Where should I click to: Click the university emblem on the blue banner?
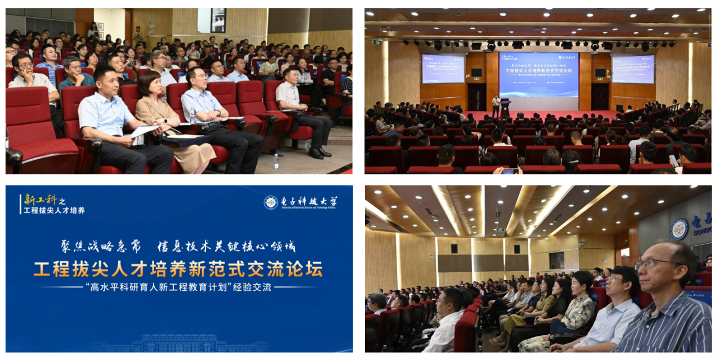pyautogui.click(x=271, y=202)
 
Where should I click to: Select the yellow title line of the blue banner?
pyautogui.click(x=178, y=269)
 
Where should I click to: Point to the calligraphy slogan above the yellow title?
pyautogui.click(x=178, y=246)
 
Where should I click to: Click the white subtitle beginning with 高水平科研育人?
pyautogui.click(x=178, y=287)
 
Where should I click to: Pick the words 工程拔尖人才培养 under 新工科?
pyautogui.click(x=54, y=210)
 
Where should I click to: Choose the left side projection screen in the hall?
pyautogui.click(x=443, y=69)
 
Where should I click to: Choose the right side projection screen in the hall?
pyautogui.click(x=633, y=69)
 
